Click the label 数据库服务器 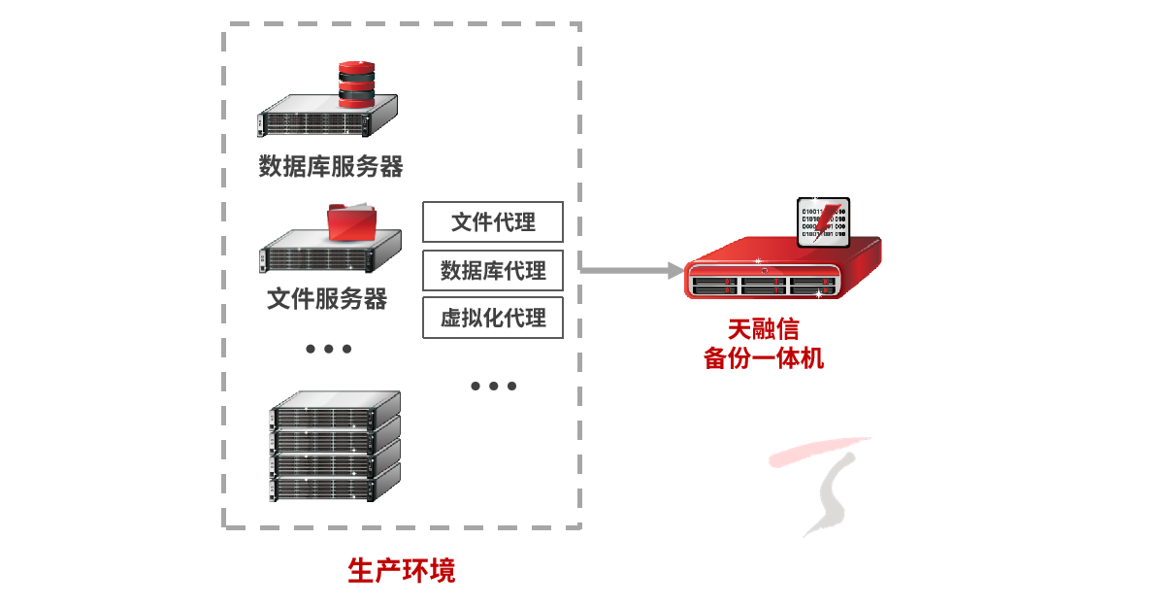click(x=330, y=167)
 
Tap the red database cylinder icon click(x=355, y=83)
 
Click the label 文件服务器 click(x=327, y=298)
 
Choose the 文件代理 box click(x=493, y=222)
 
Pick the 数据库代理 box click(x=493, y=270)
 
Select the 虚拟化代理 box click(x=493, y=318)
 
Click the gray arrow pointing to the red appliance click(x=630, y=269)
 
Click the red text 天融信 click(x=763, y=329)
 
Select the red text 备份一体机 click(x=763, y=357)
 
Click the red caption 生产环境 click(x=401, y=570)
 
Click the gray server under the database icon click(x=328, y=117)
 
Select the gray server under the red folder click(x=330, y=254)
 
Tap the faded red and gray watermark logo click(x=819, y=486)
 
